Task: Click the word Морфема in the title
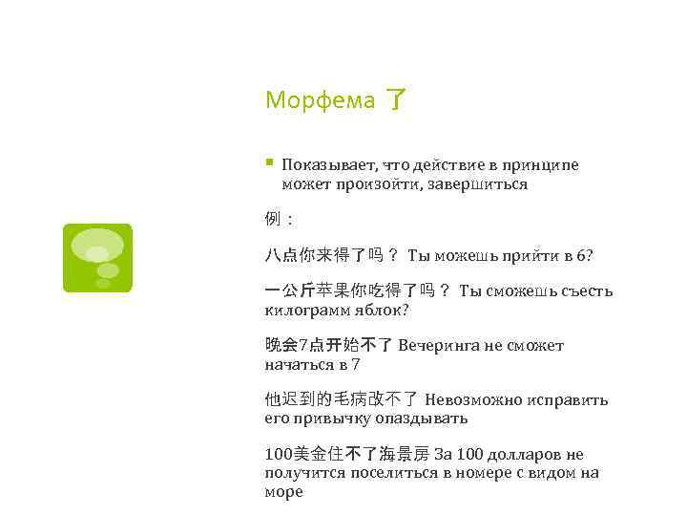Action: [x=320, y=99]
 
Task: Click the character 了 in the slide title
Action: [x=395, y=99]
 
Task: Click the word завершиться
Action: [x=484, y=183]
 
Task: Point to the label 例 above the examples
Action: [x=272, y=219]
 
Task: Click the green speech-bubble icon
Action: [x=97, y=258]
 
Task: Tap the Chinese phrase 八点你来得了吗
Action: [x=323, y=255]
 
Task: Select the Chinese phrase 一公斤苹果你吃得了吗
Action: [x=349, y=290]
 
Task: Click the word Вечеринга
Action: [x=443, y=345]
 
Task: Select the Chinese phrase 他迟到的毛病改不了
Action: [x=341, y=399]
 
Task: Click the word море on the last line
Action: [x=283, y=491]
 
